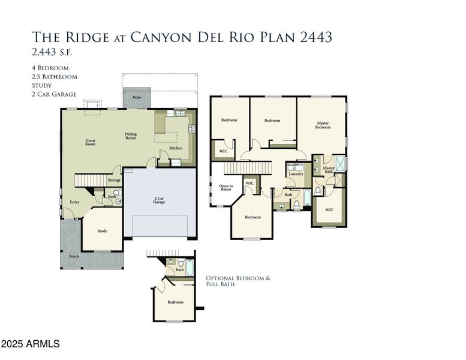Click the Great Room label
pyautogui.click(x=90, y=142)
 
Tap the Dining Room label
pyautogui.click(x=131, y=136)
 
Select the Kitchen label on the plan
pyautogui.click(x=176, y=148)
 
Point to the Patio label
pyautogui.click(x=137, y=97)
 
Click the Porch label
pyautogui.click(x=74, y=256)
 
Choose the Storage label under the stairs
pyautogui.click(x=114, y=180)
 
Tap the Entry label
pyautogui.click(x=74, y=202)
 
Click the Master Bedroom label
pyautogui.click(x=323, y=125)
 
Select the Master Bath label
pyautogui.click(x=329, y=170)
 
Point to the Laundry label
pyautogui.click(x=296, y=174)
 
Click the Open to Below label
pyautogui.click(x=226, y=188)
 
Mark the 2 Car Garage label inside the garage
pyautogui.click(x=159, y=200)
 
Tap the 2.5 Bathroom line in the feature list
pyautogui.click(x=55, y=77)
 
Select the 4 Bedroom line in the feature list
pyautogui.click(x=50, y=68)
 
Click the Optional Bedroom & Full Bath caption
pyautogui.click(x=238, y=281)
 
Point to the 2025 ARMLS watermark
pyautogui.click(x=31, y=344)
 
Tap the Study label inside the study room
pyautogui.click(x=102, y=231)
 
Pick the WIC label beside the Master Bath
pyautogui.click(x=329, y=210)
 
